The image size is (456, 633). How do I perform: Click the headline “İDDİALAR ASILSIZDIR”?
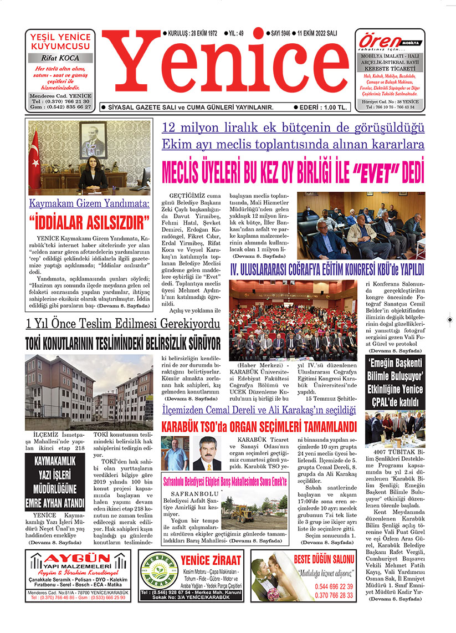[x=89, y=224]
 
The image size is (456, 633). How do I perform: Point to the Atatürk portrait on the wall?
[x=92, y=141]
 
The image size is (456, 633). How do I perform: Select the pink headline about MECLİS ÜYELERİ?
[x=293, y=172]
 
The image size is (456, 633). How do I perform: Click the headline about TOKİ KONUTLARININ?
[x=122, y=340]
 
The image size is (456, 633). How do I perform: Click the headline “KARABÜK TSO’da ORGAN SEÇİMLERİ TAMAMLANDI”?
[x=258, y=427]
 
